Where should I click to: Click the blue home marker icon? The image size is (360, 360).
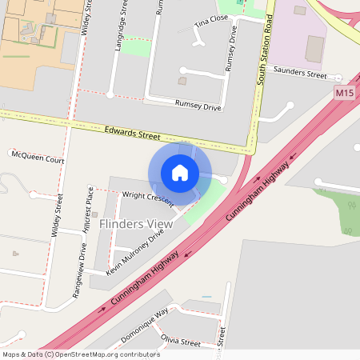(x=180, y=173)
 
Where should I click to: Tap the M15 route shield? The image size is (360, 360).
(x=344, y=94)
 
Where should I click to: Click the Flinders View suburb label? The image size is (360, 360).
(x=136, y=224)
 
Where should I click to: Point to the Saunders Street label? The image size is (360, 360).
(x=300, y=74)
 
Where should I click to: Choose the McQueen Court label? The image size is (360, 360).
(x=38, y=159)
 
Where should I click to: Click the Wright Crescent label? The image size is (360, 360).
(x=147, y=199)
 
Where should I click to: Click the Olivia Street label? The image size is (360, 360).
(x=180, y=342)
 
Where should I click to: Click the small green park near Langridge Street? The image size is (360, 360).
(x=135, y=47)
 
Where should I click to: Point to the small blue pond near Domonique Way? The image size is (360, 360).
(x=206, y=297)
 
